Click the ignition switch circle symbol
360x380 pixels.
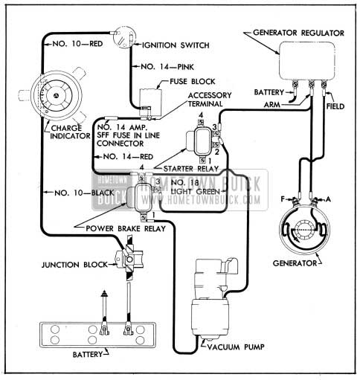[x=124, y=36]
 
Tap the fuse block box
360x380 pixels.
[x=150, y=103]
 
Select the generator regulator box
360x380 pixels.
[x=307, y=61]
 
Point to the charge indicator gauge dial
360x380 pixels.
[x=57, y=95]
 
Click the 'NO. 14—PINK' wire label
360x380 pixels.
[x=167, y=67]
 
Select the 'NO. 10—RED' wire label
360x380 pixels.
[x=77, y=44]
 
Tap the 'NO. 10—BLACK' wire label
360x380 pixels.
[x=84, y=193]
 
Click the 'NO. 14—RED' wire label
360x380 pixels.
[x=128, y=157]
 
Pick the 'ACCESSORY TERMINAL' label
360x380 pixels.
[x=210, y=100]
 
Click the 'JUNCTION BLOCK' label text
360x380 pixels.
[x=74, y=265]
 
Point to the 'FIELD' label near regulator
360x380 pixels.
[x=335, y=106]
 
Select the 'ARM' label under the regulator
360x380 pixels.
[x=271, y=105]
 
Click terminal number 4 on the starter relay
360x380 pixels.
[x=201, y=115]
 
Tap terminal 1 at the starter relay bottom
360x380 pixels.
[x=210, y=161]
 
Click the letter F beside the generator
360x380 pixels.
[x=283, y=199]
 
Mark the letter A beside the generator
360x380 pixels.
[x=328, y=199]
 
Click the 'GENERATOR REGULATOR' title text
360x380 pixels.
[x=298, y=33]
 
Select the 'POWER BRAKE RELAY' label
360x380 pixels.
[x=126, y=228]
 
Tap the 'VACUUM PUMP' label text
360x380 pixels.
[x=236, y=347]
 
